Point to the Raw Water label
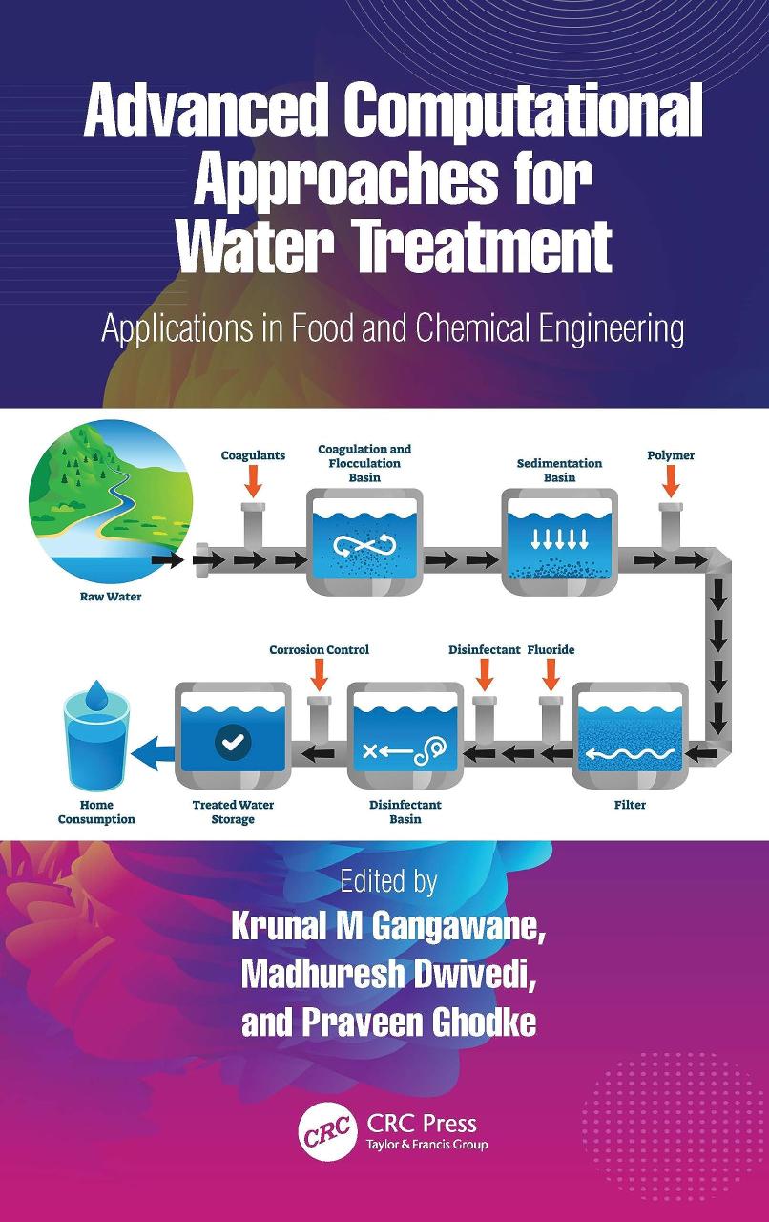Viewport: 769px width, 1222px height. click(x=111, y=597)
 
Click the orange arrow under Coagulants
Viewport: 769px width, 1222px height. click(x=253, y=482)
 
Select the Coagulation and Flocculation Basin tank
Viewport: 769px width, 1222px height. click(x=364, y=541)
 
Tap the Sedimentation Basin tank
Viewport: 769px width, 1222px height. click(x=559, y=541)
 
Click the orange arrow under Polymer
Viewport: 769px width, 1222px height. click(x=671, y=482)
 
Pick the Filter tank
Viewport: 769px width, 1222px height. click(x=630, y=735)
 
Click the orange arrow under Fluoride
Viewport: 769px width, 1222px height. click(x=551, y=674)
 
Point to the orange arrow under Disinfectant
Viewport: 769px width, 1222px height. click(x=485, y=674)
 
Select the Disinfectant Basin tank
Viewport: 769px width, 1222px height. click(x=405, y=735)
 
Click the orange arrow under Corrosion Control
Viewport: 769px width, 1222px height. click(x=319, y=674)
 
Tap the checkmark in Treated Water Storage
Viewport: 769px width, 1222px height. click(x=233, y=741)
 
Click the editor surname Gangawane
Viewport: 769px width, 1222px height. click(x=458, y=926)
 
